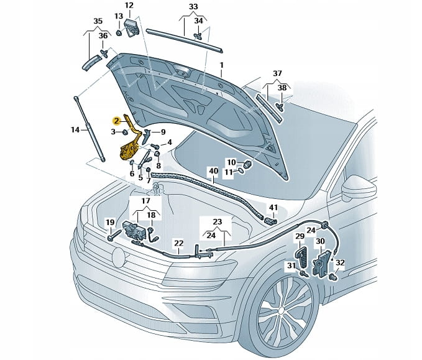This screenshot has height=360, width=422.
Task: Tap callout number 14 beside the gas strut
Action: [x=75, y=129]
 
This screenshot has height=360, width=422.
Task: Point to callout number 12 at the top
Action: [x=129, y=6]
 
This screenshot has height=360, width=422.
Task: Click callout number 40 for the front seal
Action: [x=213, y=171]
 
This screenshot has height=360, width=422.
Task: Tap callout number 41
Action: [x=273, y=207]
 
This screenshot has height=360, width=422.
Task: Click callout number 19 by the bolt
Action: [x=109, y=222]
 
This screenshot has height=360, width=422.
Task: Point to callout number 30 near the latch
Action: [x=320, y=241]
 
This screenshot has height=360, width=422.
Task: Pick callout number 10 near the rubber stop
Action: [x=231, y=162]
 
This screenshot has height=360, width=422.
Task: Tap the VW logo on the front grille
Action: [x=118, y=256]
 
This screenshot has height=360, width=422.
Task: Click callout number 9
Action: [x=162, y=132]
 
